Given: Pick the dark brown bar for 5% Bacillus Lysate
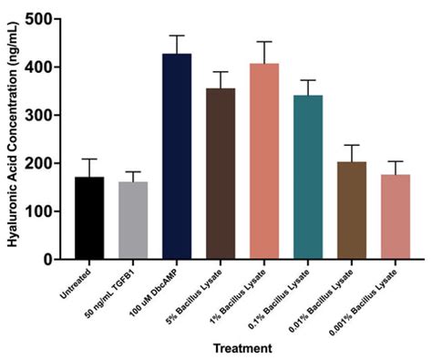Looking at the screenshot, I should (x=221, y=174).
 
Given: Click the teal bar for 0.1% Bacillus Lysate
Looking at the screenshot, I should (x=308, y=178).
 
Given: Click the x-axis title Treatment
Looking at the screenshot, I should (x=242, y=348).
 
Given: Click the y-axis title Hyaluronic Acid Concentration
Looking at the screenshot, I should (x=12, y=137).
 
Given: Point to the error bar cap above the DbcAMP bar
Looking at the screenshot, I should (x=177, y=36).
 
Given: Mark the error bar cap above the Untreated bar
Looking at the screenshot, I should (x=88, y=159).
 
